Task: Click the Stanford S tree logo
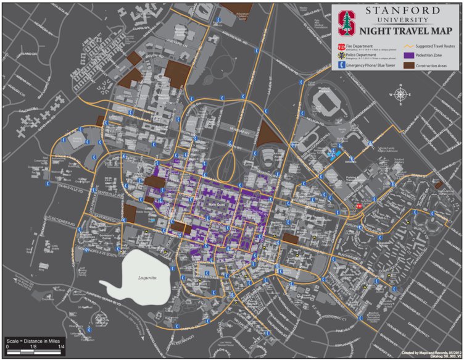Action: click(346, 22)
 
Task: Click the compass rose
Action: click(400, 95)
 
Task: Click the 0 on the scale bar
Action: click(7, 348)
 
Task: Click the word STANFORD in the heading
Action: click(402, 11)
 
